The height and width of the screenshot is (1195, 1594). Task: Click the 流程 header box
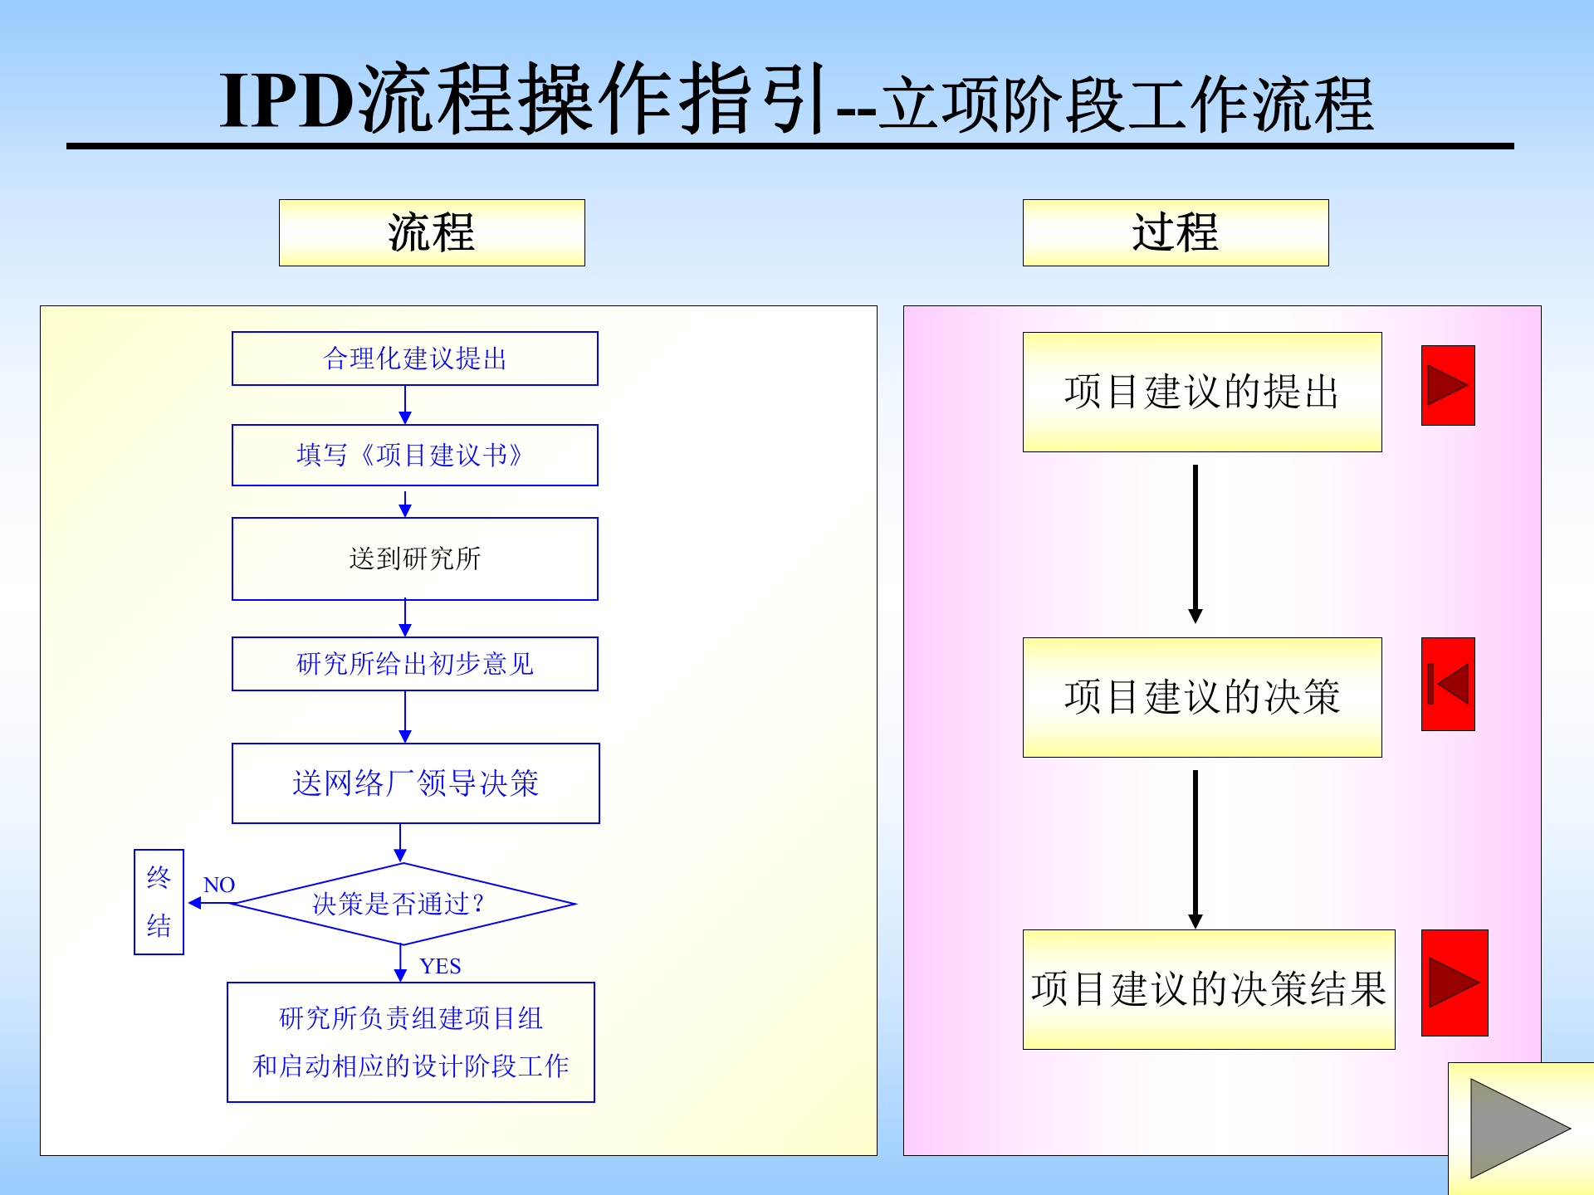tap(432, 232)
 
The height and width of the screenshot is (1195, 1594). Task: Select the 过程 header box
tap(1175, 232)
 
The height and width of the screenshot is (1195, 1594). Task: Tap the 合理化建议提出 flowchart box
tap(414, 358)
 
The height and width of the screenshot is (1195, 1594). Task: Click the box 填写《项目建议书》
tap(414, 455)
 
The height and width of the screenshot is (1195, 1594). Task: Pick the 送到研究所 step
tap(414, 558)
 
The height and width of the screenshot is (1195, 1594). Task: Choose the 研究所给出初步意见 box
tap(414, 664)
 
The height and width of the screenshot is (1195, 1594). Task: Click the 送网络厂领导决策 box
tap(415, 783)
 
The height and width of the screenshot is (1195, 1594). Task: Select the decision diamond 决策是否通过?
tap(403, 904)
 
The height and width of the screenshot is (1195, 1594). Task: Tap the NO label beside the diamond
tap(219, 885)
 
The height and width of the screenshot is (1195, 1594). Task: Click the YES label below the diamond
tap(440, 966)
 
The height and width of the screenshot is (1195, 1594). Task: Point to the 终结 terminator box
tap(159, 902)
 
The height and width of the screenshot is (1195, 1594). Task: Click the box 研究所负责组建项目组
tap(411, 1042)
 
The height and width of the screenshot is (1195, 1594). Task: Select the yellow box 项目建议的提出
tap(1202, 392)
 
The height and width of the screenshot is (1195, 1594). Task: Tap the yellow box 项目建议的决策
tap(1202, 697)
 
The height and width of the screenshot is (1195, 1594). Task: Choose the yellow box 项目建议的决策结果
tap(1209, 989)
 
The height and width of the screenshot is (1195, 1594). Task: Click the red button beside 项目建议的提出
tap(1448, 385)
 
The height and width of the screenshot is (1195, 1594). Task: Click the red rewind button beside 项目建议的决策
tap(1448, 684)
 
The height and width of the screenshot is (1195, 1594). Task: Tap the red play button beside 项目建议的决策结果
tap(1455, 983)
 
